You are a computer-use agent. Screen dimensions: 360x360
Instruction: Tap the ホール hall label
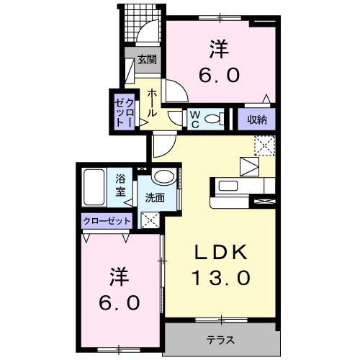(153, 103)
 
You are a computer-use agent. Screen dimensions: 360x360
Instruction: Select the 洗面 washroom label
(156, 197)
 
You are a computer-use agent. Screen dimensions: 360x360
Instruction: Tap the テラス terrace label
(219, 338)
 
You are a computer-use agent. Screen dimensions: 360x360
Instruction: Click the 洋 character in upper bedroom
(219, 48)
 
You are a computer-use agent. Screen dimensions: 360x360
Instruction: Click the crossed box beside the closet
(150, 221)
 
